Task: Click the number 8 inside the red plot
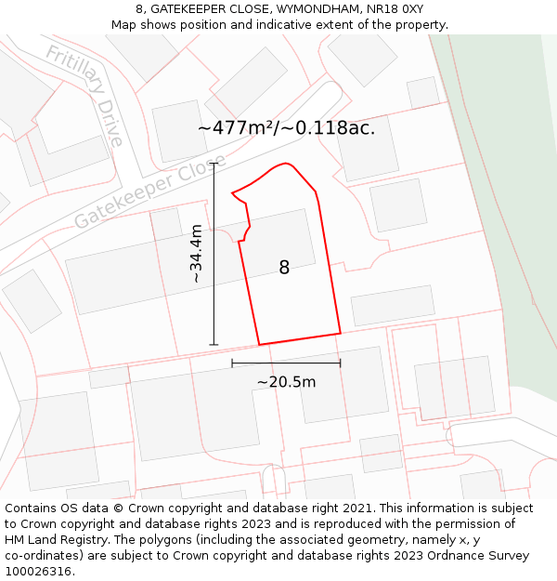tap(284, 268)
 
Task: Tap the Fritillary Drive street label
tap(84, 96)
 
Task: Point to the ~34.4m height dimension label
tap(196, 254)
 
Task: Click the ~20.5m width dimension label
tap(286, 381)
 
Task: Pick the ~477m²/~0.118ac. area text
tap(286, 128)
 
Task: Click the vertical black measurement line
tap(214, 254)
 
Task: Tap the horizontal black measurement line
tap(286, 363)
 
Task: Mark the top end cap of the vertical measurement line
tap(214, 164)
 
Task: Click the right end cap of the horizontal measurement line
tap(341, 363)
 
